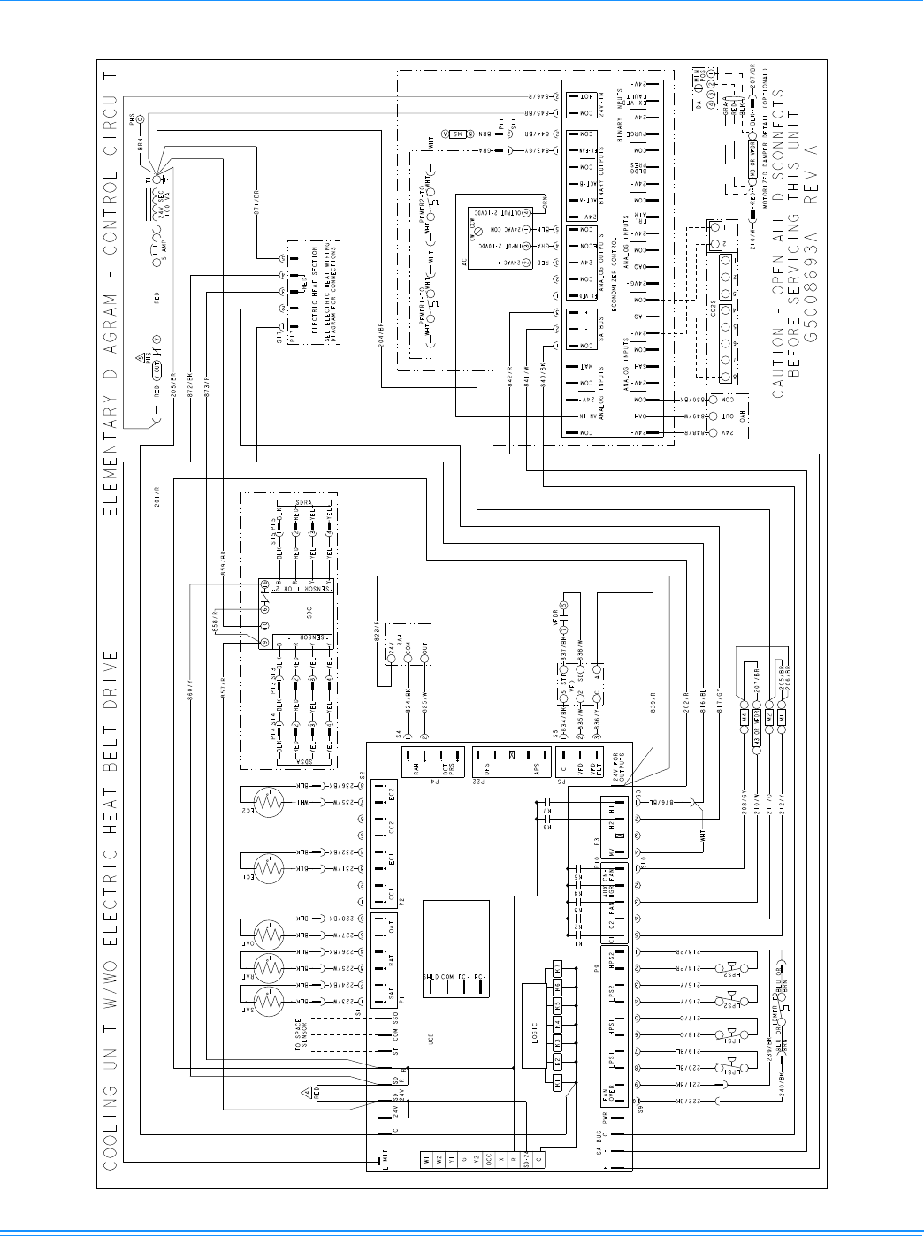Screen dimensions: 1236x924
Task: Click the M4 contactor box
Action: coord(745,715)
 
